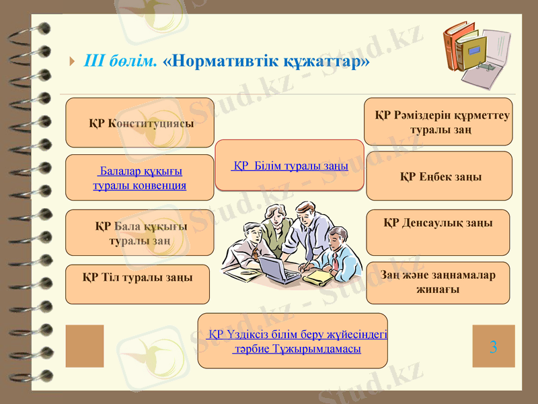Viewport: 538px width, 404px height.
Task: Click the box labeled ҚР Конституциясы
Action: pos(140,123)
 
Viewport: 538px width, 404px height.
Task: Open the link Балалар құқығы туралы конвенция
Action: pos(139,178)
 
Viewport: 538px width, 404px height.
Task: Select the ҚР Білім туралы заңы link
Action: pos(289,166)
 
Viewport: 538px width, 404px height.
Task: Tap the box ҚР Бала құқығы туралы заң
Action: pos(140,233)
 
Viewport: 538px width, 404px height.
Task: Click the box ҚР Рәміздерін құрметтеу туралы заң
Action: pos(438,122)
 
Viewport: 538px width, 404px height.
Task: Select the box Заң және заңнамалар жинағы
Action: pos(438,282)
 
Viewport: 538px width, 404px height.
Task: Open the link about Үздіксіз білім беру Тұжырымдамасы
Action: pos(293,341)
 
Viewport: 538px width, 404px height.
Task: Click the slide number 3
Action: pos(494,347)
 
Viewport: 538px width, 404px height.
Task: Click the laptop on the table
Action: pos(278,269)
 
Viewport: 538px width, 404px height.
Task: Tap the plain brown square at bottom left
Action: pos(85,346)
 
